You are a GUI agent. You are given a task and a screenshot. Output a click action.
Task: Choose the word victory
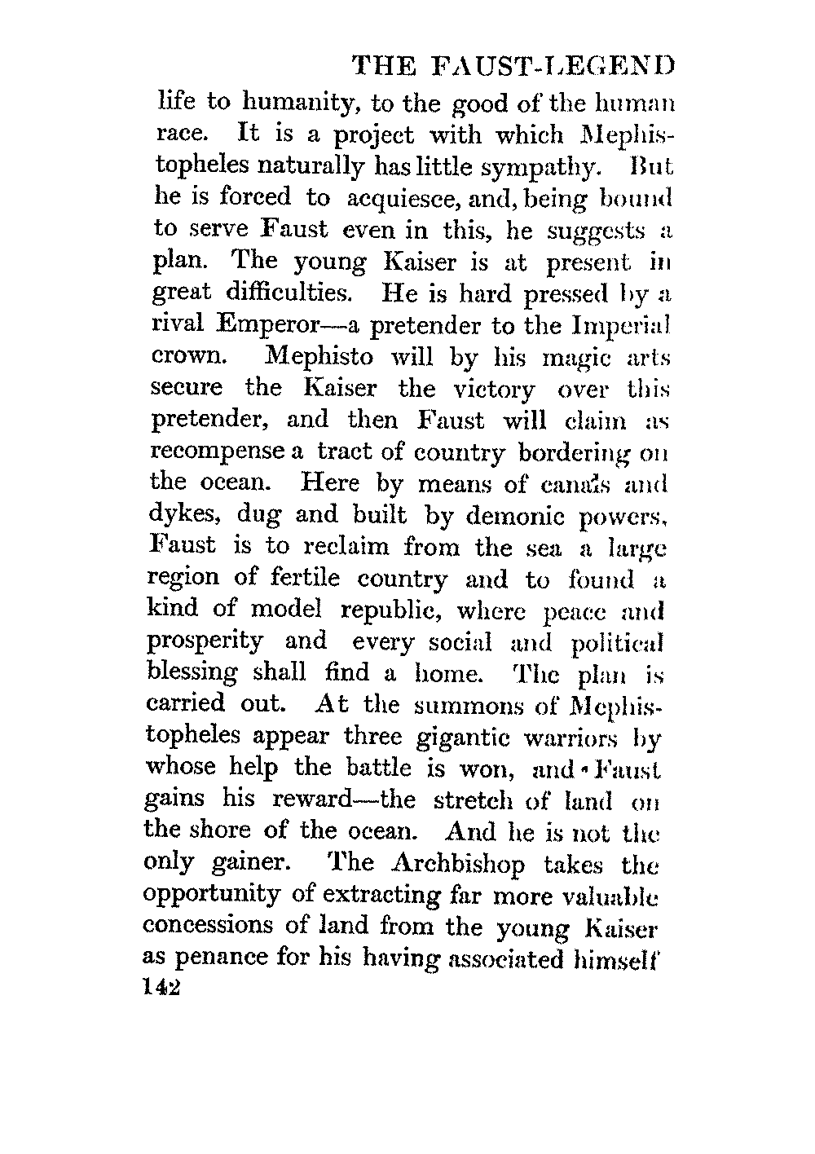(488, 389)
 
